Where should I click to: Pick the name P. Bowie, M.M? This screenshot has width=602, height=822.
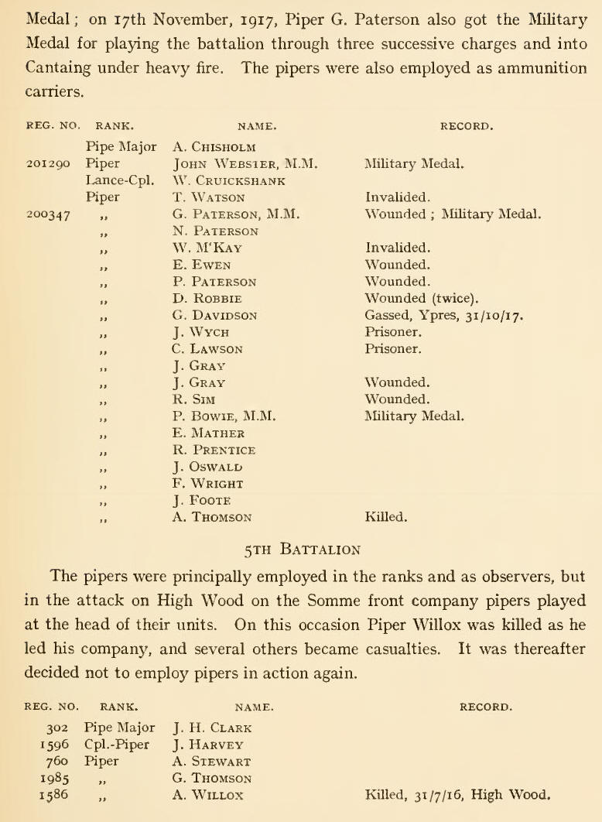(x=224, y=416)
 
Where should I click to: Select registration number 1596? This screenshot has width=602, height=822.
(x=53, y=744)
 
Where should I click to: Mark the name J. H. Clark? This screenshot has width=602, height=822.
(x=213, y=728)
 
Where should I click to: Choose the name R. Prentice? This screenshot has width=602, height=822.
(x=214, y=450)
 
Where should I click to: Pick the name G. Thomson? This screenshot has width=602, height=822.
(x=214, y=778)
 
